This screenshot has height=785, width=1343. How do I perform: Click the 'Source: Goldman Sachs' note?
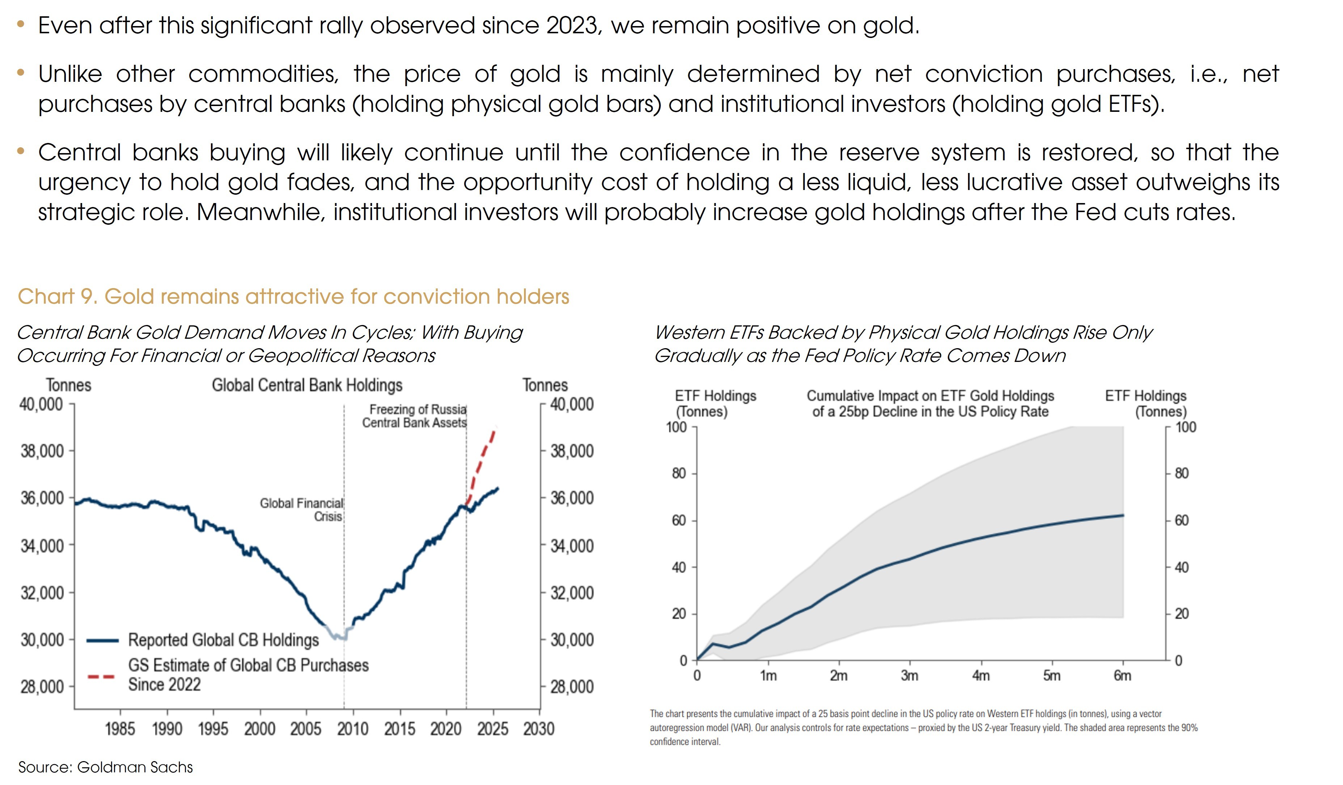point(106,767)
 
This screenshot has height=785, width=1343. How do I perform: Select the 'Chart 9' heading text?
point(293,296)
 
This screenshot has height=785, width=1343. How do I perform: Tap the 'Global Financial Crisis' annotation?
point(302,510)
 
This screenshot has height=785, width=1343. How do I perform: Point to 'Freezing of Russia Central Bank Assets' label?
point(415,416)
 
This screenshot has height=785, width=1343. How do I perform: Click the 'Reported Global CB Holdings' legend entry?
point(223,640)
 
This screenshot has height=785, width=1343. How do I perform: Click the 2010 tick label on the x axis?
point(352,729)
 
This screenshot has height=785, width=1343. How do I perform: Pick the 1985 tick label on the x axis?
point(120,729)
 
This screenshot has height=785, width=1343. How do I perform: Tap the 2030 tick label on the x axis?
point(539,729)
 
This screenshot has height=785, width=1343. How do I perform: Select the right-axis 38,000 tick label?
point(572,451)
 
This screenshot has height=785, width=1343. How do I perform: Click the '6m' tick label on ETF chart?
point(1122,676)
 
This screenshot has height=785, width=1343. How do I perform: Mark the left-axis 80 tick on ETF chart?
point(679,473)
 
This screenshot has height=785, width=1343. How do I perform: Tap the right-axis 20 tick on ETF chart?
point(1182,614)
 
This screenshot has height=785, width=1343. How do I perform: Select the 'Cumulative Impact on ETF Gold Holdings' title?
point(930,396)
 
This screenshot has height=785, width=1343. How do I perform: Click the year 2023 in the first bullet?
point(571,26)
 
